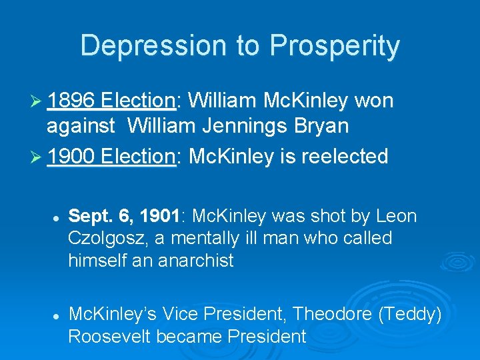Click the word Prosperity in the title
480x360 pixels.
pos(334,45)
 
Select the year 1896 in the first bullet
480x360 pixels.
pos(72,101)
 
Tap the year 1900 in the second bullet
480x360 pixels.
pos(72,156)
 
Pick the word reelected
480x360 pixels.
pos(345,156)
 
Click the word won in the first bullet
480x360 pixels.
pos(374,101)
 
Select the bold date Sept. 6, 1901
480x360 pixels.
pos(127,217)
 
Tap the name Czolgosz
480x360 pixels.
pos(102,238)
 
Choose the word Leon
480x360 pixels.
pos(396,217)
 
